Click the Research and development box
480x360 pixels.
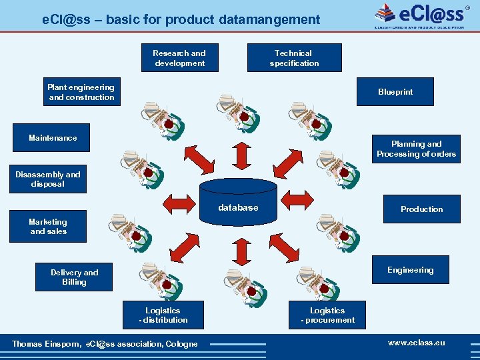[x=179, y=58]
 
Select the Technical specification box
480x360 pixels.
[x=294, y=58]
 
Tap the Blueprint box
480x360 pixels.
[x=395, y=92]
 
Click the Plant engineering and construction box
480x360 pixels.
[x=81, y=92]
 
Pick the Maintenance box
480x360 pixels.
[x=53, y=138]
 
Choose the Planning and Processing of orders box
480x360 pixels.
[x=416, y=149]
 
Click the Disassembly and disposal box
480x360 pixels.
[x=48, y=179]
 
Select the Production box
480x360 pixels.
[x=421, y=209]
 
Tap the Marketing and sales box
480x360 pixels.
[x=48, y=227]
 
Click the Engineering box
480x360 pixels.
[x=410, y=269]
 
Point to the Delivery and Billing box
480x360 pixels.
[x=74, y=277]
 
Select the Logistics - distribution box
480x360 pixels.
[x=163, y=315]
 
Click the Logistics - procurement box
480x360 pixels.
[x=327, y=315]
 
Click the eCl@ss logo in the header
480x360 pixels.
[x=419, y=14]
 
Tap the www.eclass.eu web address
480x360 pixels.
[x=416, y=343]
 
